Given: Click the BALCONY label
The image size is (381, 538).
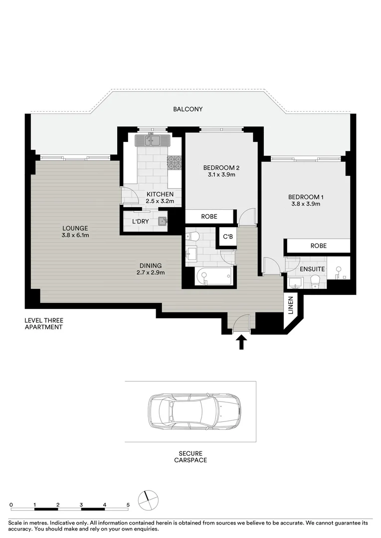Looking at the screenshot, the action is pos(188,109).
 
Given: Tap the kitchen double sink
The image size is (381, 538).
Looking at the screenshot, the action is pos(152,140).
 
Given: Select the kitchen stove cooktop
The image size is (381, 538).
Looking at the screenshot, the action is pos(174,162).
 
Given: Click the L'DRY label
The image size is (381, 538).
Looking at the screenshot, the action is pos(141,221).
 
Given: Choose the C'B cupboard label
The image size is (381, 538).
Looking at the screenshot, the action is pos(228,237).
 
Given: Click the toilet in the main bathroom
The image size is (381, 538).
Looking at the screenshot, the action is pos(192,237).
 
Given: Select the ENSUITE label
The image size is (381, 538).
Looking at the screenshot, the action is pos(312,269).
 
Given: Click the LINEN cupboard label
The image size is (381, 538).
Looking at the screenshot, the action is pos(291,305).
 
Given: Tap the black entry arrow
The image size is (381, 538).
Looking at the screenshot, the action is pos(241,342).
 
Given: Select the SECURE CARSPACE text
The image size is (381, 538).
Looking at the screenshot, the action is pos(190,457).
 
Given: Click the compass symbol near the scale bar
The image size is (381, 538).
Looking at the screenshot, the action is pos(148,501).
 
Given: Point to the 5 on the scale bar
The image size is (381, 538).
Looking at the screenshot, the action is pos(128,505).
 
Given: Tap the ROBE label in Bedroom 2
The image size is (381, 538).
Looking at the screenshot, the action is pos(209,217).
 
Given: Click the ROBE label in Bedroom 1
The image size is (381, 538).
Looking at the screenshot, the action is pos(319,246).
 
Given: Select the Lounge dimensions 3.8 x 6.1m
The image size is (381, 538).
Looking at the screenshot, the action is pos(75,235).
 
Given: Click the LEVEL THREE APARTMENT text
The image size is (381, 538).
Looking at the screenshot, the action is pos(43,324).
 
